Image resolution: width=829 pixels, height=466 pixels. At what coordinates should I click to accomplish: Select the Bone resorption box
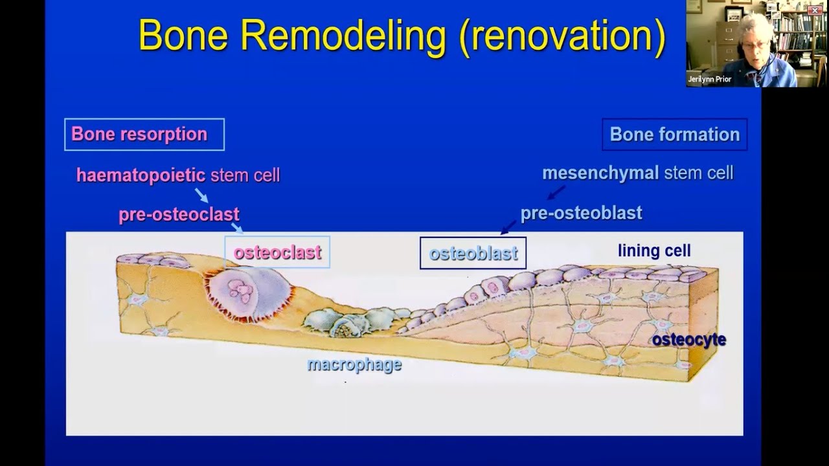click(144, 135)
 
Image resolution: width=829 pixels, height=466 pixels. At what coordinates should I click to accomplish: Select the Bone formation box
click(674, 135)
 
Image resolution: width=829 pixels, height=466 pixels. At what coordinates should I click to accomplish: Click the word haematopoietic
click(141, 175)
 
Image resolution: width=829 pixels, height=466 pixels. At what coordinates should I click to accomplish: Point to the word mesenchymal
click(600, 173)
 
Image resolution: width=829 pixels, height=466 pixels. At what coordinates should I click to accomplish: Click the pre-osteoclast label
click(179, 215)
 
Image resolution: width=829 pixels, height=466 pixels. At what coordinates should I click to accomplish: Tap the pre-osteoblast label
click(581, 213)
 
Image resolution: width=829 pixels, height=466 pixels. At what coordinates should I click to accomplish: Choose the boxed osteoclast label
click(277, 252)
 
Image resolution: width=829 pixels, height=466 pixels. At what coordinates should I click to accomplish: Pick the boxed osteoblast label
click(473, 253)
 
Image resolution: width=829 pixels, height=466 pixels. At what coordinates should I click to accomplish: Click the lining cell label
click(654, 250)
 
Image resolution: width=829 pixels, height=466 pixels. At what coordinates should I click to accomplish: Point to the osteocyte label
click(688, 340)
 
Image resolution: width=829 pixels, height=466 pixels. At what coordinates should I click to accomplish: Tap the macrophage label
click(354, 365)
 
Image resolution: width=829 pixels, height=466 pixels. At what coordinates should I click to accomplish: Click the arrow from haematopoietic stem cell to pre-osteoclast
click(201, 195)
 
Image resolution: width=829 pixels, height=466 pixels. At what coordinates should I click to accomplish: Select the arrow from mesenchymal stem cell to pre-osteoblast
click(556, 192)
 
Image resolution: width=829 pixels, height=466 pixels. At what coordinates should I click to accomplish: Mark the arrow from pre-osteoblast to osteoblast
click(508, 227)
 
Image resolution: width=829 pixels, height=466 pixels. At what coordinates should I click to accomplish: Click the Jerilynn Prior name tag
click(709, 80)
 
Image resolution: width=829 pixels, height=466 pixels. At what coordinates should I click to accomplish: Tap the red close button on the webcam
click(814, 10)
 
